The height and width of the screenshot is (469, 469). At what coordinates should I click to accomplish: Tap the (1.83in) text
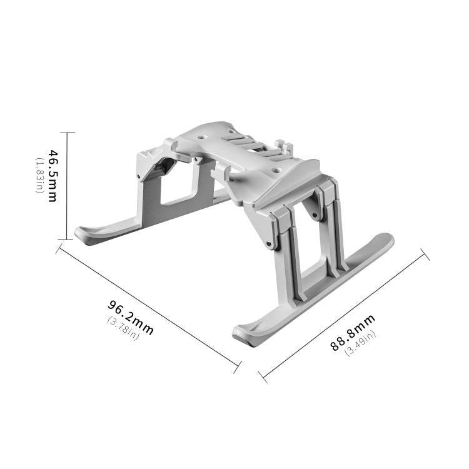[x=39, y=176]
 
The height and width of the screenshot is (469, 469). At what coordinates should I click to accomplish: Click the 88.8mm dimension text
[x=353, y=333]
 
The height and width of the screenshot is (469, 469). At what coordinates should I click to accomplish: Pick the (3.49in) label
[x=361, y=344]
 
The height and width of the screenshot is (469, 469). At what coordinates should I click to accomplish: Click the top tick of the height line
[x=67, y=132]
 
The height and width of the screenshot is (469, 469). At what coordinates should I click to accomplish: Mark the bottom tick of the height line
[x=67, y=240]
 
